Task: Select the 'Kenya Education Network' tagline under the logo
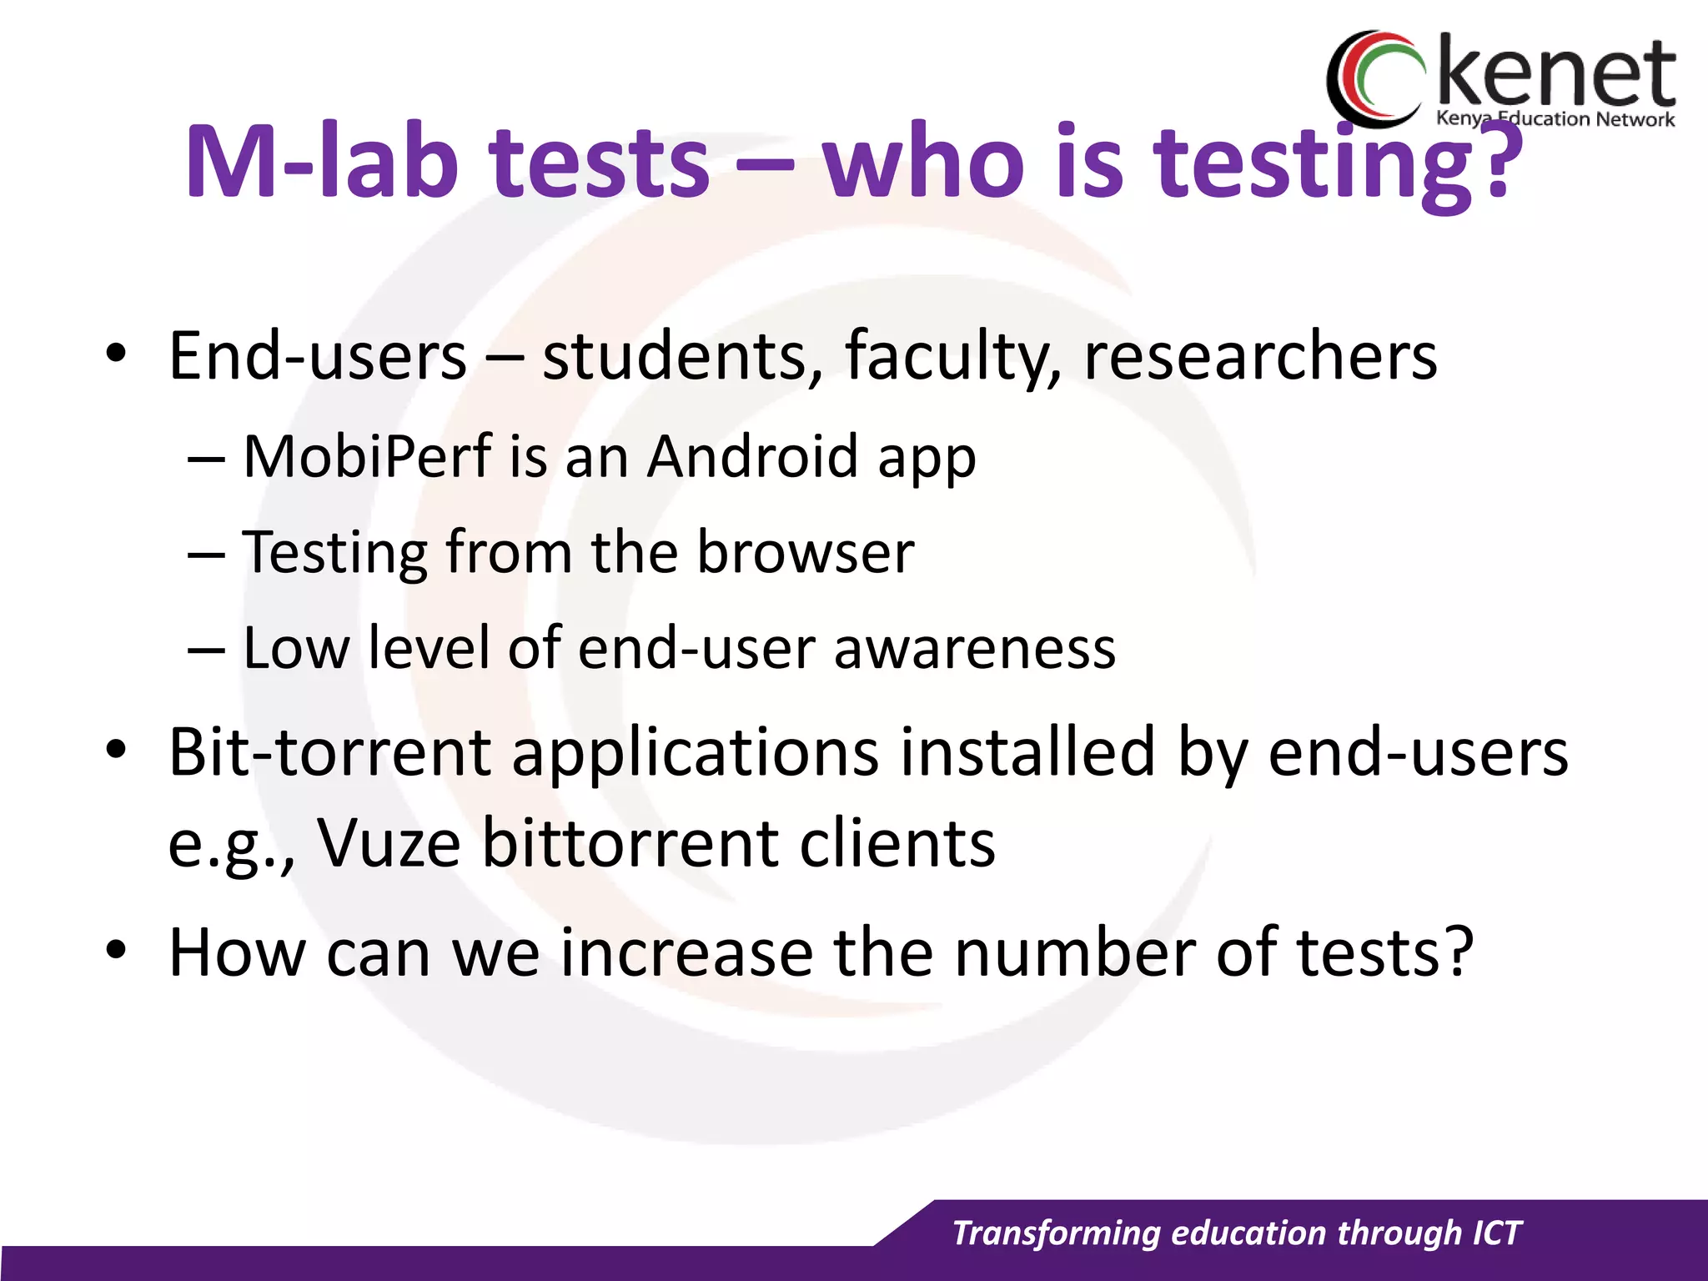click(1555, 119)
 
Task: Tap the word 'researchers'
click(1260, 356)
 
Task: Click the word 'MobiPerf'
click(367, 457)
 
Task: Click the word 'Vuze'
click(389, 843)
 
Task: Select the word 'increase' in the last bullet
click(686, 952)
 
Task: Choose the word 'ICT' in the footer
click(1497, 1233)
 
